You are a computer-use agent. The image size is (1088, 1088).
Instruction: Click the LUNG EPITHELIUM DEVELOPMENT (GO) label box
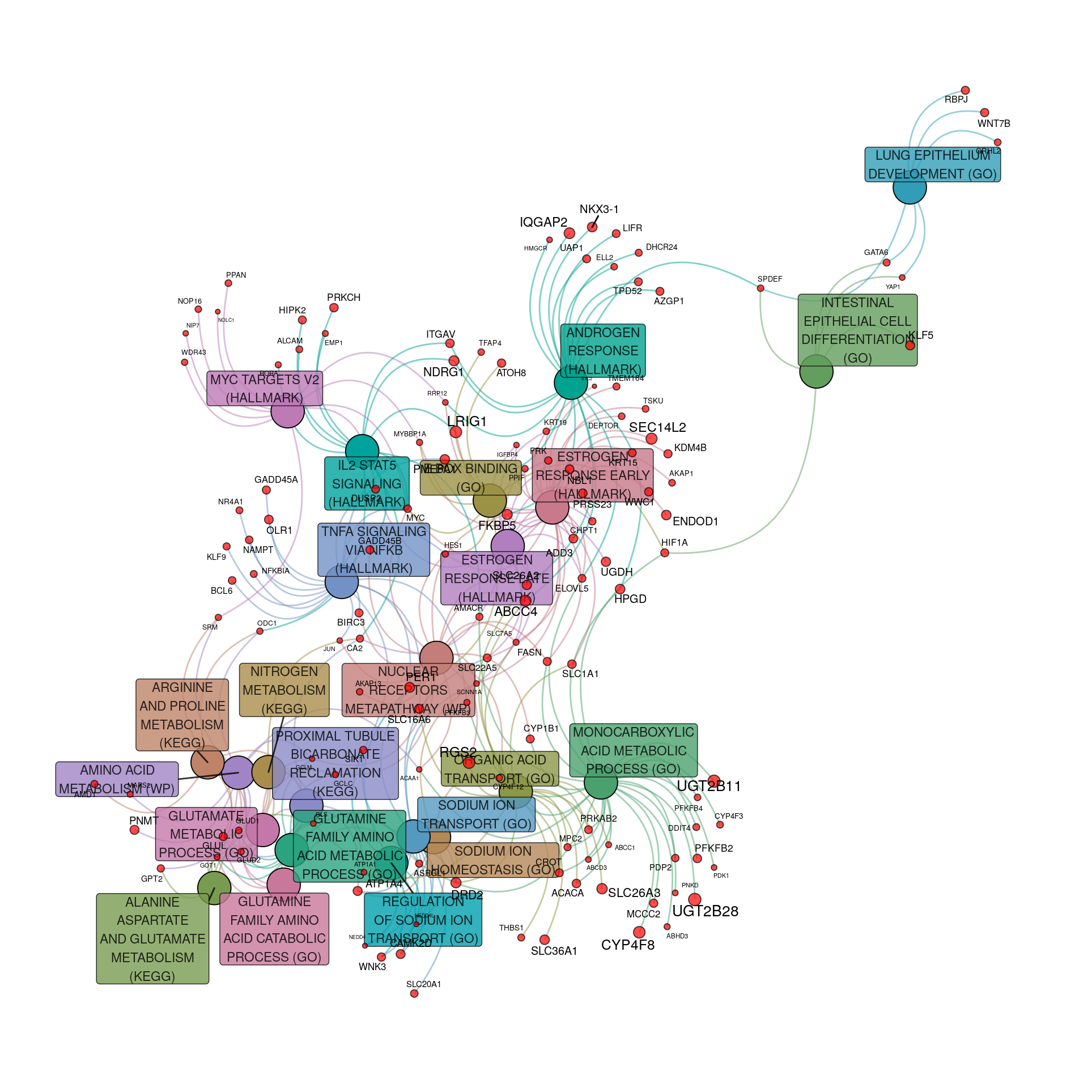click(932, 164)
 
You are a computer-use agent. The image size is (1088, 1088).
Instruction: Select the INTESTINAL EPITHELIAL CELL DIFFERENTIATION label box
click(857, 330)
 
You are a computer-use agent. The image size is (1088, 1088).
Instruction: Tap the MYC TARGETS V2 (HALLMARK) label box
click(265, 388)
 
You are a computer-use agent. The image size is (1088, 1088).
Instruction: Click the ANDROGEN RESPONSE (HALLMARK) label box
click(603, 350)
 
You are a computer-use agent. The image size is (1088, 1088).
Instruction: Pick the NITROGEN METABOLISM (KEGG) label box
click(284, 690)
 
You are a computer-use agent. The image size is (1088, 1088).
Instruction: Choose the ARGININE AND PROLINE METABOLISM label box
click(182, 715)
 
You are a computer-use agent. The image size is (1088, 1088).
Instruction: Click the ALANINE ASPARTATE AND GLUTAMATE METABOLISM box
click(152, 938)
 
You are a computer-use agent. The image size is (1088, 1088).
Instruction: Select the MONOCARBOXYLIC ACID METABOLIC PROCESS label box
click(633, 750)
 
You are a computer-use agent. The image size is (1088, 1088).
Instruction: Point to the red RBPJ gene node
click(965, 90)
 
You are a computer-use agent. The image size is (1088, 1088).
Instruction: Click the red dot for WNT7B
click(984, 113)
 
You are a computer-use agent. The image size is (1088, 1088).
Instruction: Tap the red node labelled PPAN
click(228, 283)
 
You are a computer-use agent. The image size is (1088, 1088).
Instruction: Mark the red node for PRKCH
click(334, 308)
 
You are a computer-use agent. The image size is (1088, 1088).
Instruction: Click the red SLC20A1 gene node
click(414, 993)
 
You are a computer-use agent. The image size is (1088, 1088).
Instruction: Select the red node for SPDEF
click(760, 288)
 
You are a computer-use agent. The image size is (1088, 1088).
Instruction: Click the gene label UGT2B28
click(705, 911)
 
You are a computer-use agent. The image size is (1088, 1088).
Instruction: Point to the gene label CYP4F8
click(627, 945)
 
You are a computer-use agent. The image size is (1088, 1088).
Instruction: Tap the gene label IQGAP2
click(543, 222)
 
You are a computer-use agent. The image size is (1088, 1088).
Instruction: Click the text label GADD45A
click(276, 479)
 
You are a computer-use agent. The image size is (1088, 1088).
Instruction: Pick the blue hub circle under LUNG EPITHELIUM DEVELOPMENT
click(909, 188)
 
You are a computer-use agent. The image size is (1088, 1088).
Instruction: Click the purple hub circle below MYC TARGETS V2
click(287, 411)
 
